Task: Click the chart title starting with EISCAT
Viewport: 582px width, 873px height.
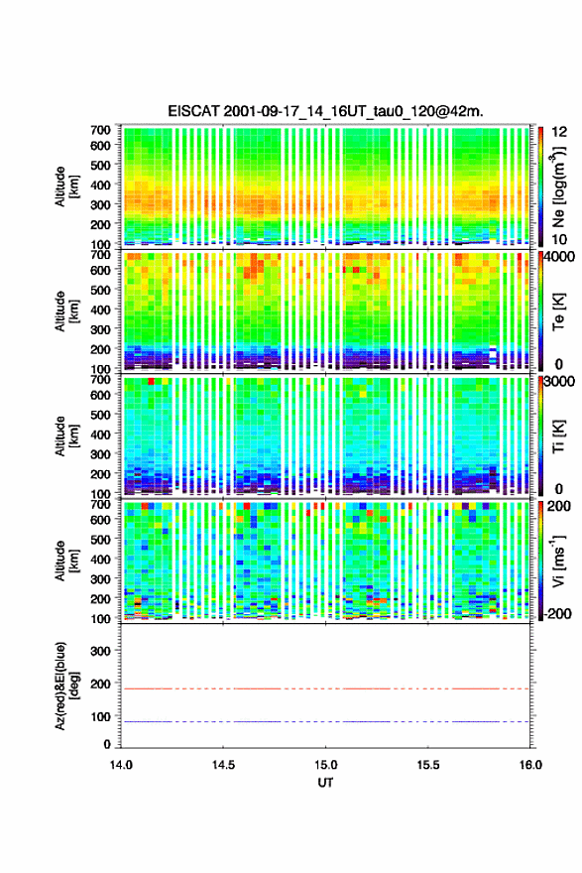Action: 325,111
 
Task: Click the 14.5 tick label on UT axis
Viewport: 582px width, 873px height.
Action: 223,765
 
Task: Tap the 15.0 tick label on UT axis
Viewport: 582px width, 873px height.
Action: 325,765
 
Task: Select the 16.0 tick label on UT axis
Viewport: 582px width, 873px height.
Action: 530,765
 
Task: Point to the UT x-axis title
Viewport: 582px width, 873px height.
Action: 325,783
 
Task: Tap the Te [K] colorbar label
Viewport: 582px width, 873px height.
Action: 558,312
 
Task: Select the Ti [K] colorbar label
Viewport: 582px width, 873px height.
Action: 558,436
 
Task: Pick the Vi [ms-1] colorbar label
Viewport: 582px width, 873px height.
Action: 558,561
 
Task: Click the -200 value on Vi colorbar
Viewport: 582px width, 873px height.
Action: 556,614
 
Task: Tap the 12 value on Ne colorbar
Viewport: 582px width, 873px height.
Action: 559,132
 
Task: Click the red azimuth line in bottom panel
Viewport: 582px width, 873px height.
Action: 325,688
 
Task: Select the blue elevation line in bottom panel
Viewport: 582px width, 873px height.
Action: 325,721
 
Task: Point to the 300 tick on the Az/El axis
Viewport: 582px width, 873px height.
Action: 100,651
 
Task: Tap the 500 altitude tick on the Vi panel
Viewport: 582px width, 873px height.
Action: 100,539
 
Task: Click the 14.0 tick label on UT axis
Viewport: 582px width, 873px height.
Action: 121,765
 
